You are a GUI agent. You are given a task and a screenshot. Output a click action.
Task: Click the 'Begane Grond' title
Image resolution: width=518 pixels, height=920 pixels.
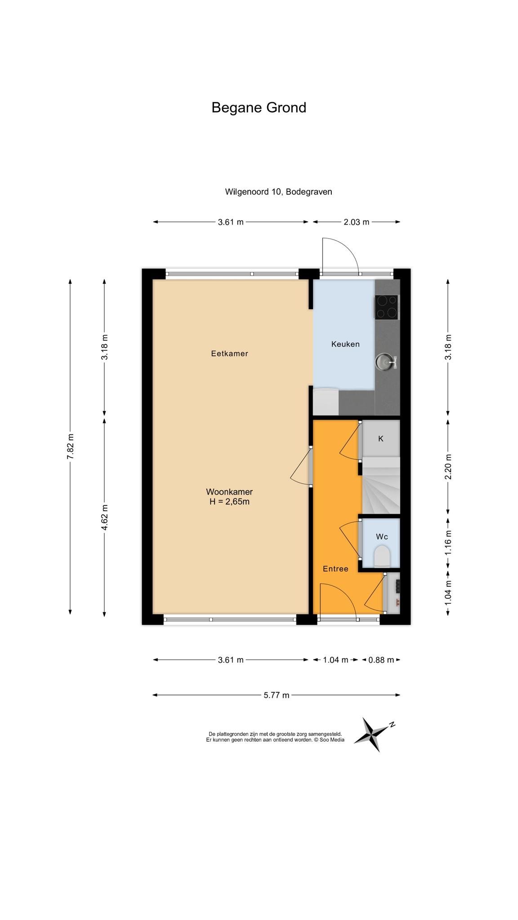259,108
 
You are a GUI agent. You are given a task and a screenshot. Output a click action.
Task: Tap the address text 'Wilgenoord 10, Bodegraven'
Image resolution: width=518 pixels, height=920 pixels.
278,192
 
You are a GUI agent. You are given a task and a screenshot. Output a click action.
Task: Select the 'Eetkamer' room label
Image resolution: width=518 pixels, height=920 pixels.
229,354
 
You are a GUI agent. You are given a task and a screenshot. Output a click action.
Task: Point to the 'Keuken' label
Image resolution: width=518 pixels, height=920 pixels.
345,344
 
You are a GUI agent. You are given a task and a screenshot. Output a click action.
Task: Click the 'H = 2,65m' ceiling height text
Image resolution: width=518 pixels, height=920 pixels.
229,501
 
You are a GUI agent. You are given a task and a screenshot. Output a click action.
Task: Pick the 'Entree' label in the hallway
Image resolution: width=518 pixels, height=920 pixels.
335,569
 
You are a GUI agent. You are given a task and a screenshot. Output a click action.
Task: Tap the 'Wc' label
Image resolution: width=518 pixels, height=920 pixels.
382,537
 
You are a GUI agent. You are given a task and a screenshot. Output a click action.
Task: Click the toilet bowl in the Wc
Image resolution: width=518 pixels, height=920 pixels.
382,556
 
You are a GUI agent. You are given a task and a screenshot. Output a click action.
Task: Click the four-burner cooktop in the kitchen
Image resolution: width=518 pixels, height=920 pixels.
386,307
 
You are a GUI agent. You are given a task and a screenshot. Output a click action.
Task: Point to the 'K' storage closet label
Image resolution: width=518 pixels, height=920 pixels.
380,438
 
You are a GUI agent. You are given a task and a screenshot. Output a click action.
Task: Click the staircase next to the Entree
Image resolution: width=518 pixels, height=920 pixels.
381,485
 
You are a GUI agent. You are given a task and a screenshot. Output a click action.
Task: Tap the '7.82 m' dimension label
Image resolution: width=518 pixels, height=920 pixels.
70,447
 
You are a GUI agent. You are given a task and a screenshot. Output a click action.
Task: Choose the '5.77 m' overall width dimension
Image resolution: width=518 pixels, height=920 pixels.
276,695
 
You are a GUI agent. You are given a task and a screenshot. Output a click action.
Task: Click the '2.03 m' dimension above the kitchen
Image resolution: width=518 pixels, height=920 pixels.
356,221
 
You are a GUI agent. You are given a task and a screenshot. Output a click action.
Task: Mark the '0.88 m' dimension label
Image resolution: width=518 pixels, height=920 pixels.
381,660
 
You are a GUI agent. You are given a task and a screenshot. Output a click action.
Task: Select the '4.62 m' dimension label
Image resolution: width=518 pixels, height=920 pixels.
104,517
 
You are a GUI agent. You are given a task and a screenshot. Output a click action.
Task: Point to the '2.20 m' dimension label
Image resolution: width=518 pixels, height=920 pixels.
448,467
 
